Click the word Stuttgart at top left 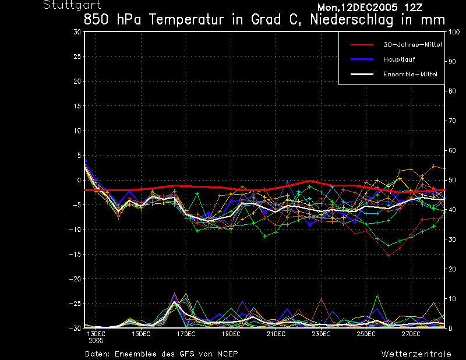pyautogui.click(x=68, y=5)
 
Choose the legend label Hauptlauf pyautogui.click(x=398, y=59)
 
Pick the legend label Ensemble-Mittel pyautogui.click(x=410, y=74)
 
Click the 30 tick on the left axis pyautogui.click(x=77, y=32)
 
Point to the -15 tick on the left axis pyautogui.click(x=75, y=255)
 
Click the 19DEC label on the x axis pyautogui.click(x=231, y=334)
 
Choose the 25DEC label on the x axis pyautogui.click(x=366, y=334)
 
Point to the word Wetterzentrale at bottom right pyautogui.click(x=416, y=354)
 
